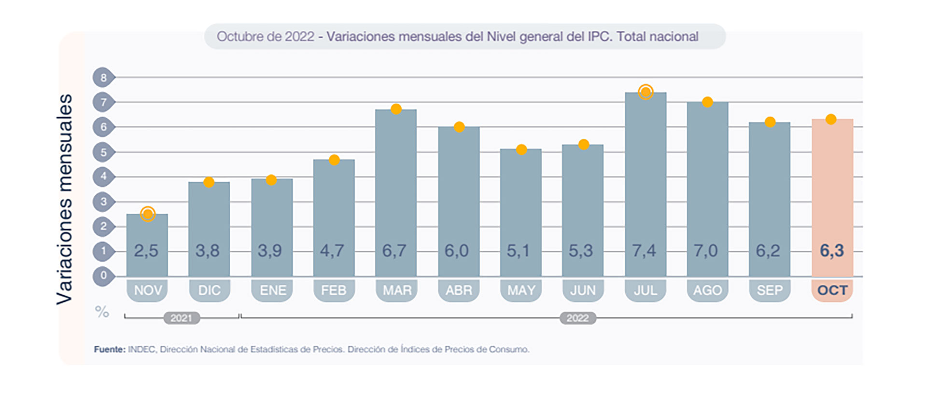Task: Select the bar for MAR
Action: [396, 193]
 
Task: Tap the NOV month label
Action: [147, 290]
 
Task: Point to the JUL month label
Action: [646, 290]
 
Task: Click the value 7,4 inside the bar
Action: [645, 251]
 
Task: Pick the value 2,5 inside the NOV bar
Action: [146, 251]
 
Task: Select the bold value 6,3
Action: [832, 251]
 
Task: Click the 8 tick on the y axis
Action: [103, 77]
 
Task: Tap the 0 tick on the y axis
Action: [103, 276]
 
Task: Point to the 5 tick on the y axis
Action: [103, 152]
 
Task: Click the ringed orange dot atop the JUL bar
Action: [646, 92]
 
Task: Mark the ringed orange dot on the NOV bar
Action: [148, 214]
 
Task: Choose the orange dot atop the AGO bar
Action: [707, 102]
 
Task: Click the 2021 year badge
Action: [182, 318]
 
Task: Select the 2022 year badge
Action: [577, 318]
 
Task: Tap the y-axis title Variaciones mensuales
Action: [64, 199]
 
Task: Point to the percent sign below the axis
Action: [102, 312]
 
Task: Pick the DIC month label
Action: [209, 290]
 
